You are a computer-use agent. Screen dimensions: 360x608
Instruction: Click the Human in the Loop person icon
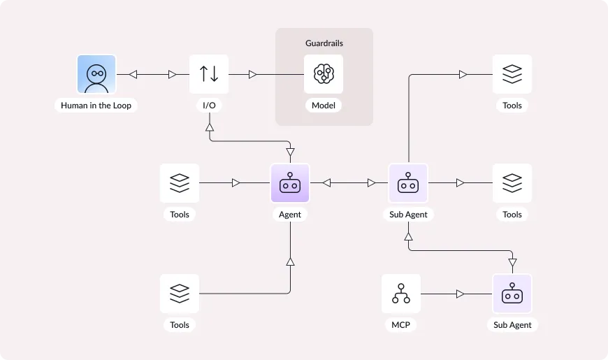96,74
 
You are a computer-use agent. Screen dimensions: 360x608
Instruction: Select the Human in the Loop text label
96,106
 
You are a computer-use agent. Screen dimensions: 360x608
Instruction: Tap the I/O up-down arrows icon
209,74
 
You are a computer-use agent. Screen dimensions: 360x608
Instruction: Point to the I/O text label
209,106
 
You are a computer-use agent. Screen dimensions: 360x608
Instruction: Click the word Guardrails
324,43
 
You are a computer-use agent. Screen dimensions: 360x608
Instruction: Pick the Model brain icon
324,74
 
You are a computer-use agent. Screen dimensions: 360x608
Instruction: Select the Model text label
324,106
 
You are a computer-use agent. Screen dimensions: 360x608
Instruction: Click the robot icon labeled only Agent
290,183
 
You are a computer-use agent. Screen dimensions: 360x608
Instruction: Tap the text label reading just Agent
290,215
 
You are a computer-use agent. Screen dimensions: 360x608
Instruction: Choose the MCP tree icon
401,294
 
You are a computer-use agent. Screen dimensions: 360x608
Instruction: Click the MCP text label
400,325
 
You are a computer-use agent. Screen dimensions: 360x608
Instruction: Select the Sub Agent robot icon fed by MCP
512,294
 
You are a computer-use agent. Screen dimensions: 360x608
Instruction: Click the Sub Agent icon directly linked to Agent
408,183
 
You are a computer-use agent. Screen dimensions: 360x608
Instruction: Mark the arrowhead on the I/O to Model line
253,74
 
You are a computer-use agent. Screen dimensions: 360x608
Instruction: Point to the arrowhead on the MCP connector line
460,294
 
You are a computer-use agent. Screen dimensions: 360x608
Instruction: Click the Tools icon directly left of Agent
180,183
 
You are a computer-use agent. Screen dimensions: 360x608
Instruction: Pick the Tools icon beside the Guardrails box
512,74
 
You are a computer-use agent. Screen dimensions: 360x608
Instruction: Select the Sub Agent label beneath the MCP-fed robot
512,325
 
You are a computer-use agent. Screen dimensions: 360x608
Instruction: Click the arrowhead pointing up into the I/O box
209,127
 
